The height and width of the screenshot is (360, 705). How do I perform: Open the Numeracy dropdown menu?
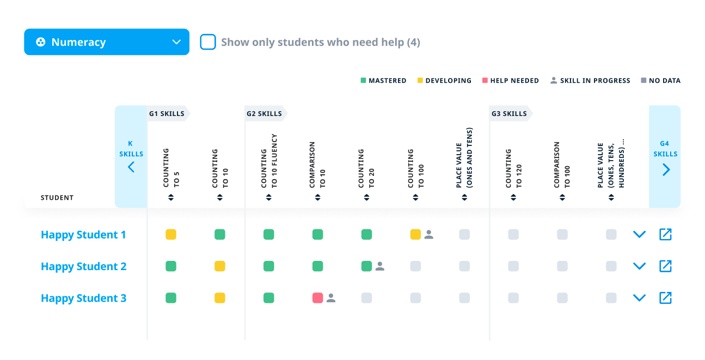pos(107,42)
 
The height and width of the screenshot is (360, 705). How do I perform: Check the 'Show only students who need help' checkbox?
pos(208,42)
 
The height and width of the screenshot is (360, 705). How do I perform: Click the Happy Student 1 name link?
pos(83,235)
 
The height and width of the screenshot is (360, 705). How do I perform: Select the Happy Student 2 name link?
pos(83,266)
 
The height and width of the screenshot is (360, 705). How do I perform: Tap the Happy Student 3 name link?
pos(83,298)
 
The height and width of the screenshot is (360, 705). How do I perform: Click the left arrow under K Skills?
pos(131,167)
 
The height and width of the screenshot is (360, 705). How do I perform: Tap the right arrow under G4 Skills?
pos(666,169)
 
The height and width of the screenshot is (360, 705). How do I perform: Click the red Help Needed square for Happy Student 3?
pos(318,298)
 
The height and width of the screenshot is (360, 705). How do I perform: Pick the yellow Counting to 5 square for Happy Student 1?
pos(171,235)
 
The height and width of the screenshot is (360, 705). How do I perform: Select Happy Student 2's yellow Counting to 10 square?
pos(220,266)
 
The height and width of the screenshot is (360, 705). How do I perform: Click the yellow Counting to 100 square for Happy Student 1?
pos(415,235)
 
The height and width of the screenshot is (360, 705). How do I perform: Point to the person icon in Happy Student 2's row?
pos(380,266)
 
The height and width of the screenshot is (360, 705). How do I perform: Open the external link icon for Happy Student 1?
pos(665,235)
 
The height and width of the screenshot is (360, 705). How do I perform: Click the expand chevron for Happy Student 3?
pos(639,298)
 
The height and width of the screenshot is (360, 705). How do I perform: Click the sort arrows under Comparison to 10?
pos(318,198)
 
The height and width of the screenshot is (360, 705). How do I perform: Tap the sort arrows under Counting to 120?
pos(513,198)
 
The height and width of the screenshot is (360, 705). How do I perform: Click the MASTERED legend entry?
pos(383,81)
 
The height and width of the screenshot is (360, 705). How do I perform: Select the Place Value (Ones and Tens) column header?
pos(464,158)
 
